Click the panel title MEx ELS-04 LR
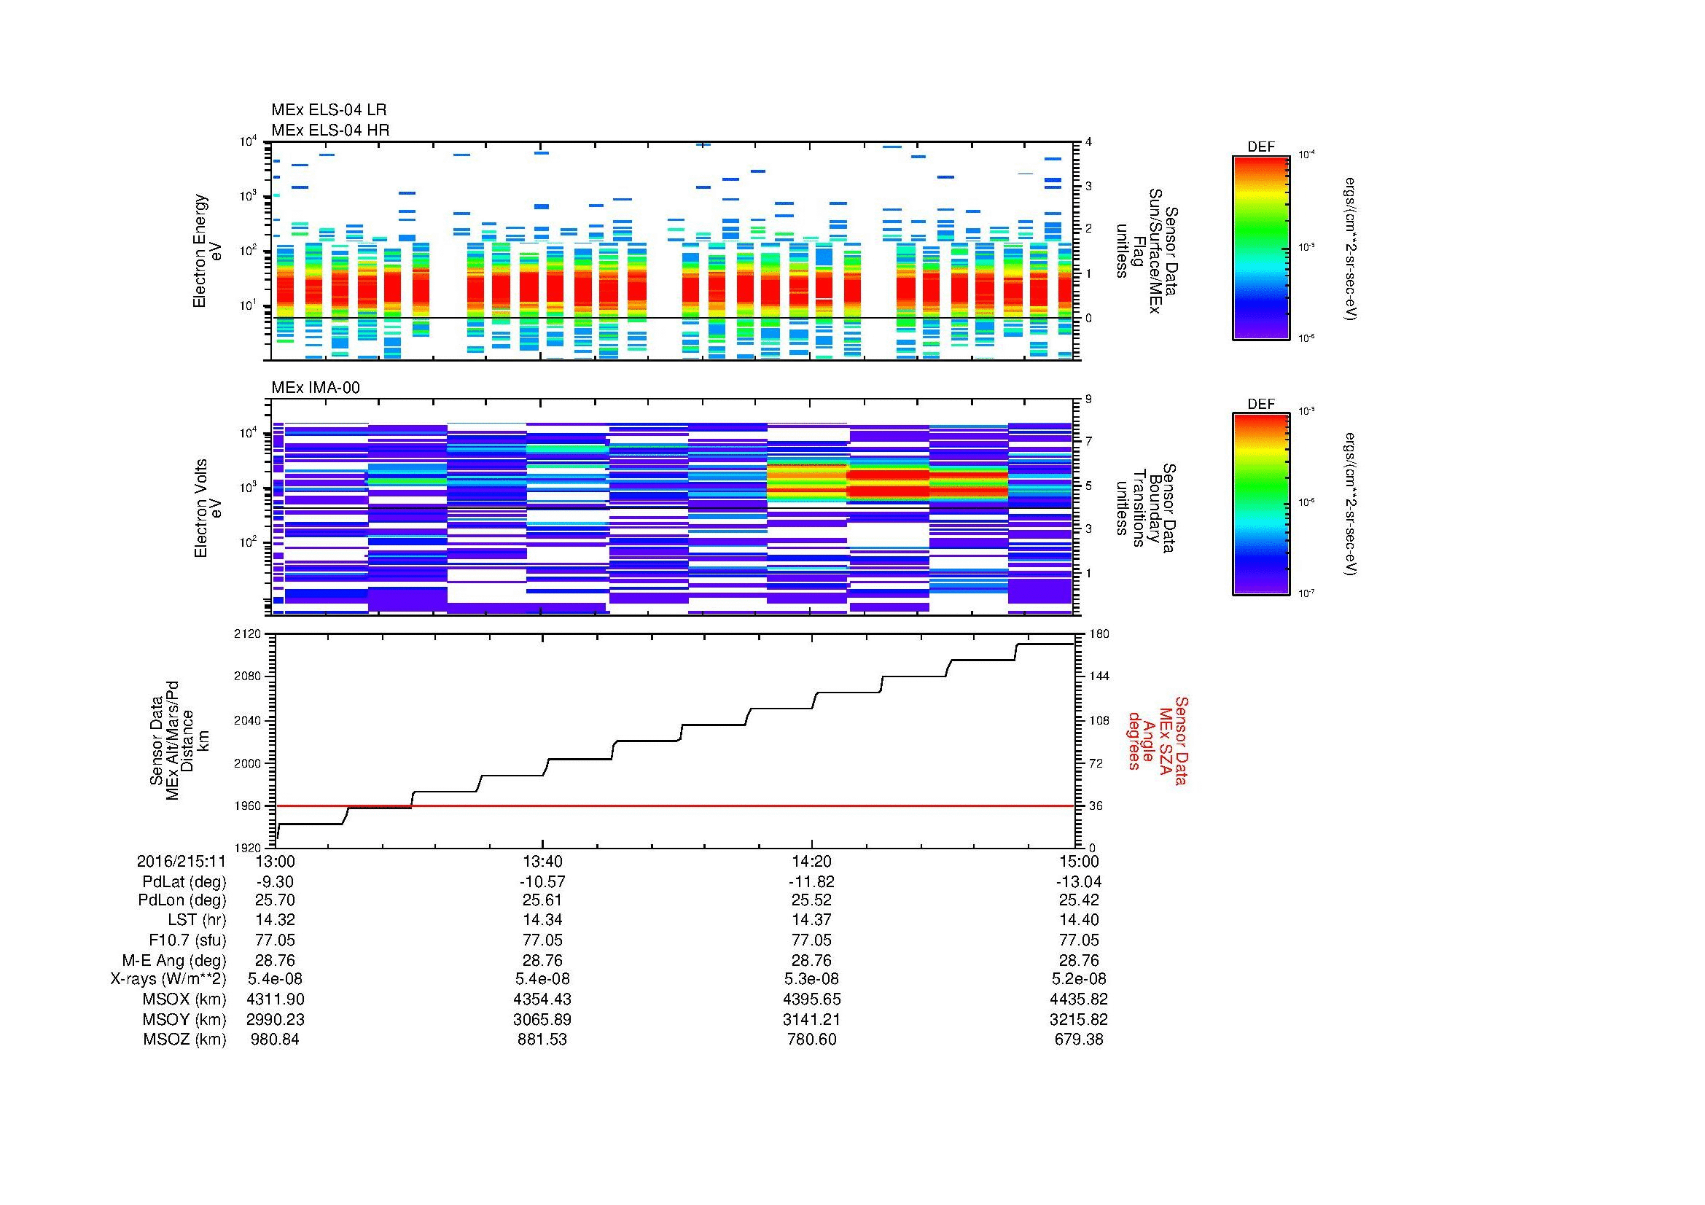(x=328, y=111)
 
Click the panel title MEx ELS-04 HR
(x=329, y=130)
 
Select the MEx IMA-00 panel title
(x=316, y=388)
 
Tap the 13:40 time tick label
(x=542, y=861)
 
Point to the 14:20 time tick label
(x=811, y=861)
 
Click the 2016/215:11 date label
(x=181, y=861)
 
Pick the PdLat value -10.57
(x=542, y=881)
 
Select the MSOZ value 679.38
(x=1078, y=1040)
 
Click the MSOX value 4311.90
(x=275, y=999)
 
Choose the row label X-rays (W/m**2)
(x=168, y=979)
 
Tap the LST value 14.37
(x=811, y=920)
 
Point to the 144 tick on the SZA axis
(x=1100, y=676)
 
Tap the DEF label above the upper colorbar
(x=1260, y=147)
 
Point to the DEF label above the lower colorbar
(x=1260, y=404)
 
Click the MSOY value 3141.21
(x=811, y=1019)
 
